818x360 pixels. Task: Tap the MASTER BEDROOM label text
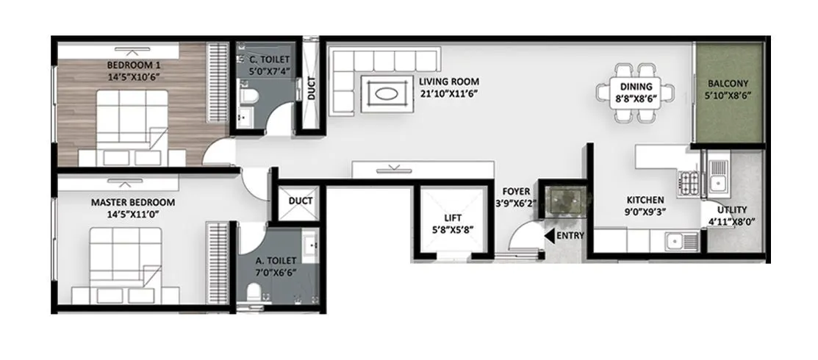[133, 202]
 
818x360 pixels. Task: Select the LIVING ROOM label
[449, 82]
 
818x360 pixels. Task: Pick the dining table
[636, 93]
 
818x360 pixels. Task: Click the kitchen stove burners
[689, 181]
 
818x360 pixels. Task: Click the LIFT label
[453, 218]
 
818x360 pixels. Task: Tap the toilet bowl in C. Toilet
[248, 96]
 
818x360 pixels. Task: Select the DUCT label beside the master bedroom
[301, 201]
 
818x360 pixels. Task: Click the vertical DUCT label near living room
[312, 88]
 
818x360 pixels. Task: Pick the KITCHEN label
[645, 200]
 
